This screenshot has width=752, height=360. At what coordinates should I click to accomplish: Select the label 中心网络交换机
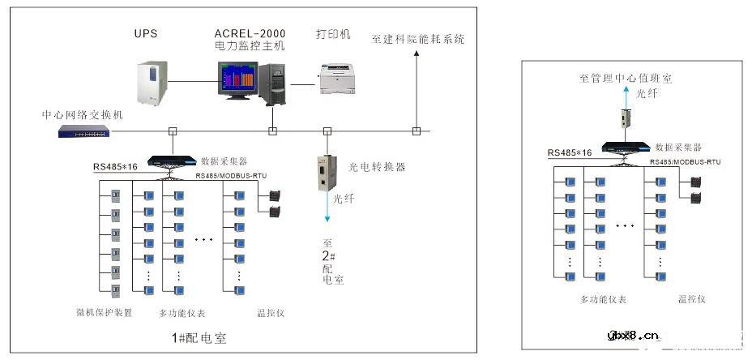coord(82,115)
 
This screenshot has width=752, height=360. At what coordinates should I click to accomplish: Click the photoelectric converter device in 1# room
coord(327,171)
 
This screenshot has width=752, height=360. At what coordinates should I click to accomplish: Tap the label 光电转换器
coord(377,167)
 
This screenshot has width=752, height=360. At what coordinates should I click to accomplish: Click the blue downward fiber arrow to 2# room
coord(327,217)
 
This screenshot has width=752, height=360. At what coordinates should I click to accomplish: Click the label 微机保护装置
coord(105,312)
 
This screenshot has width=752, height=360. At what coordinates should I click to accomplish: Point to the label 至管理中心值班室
coord(625,79)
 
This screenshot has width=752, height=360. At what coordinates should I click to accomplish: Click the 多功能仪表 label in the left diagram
coord(182,312)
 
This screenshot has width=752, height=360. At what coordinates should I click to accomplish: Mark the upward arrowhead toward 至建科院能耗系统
coord(416,54)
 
